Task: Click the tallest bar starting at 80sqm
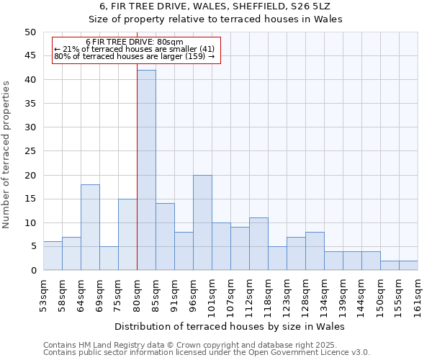(x=146, y=170)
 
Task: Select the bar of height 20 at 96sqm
(x=202, y=222)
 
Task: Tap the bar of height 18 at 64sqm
(x=90, y=228)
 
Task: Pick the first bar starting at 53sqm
(x=53, y=256)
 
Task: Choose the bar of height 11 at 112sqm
(x=258, y=244)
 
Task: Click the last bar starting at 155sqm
(x=408, y=265)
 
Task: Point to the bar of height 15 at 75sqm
(x=127, y=235)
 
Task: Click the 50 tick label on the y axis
(x=30, y=32)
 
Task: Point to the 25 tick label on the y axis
(x=30, y=151)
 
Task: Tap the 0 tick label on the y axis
(x=32, y=271)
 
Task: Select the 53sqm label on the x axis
(x=43, y=294)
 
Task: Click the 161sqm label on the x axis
(x=418, y=297)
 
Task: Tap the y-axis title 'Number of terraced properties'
(x=7, y=155)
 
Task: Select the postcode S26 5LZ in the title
(x=319, y=6)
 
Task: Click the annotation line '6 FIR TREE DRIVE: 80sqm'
(x=135, y=42)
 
